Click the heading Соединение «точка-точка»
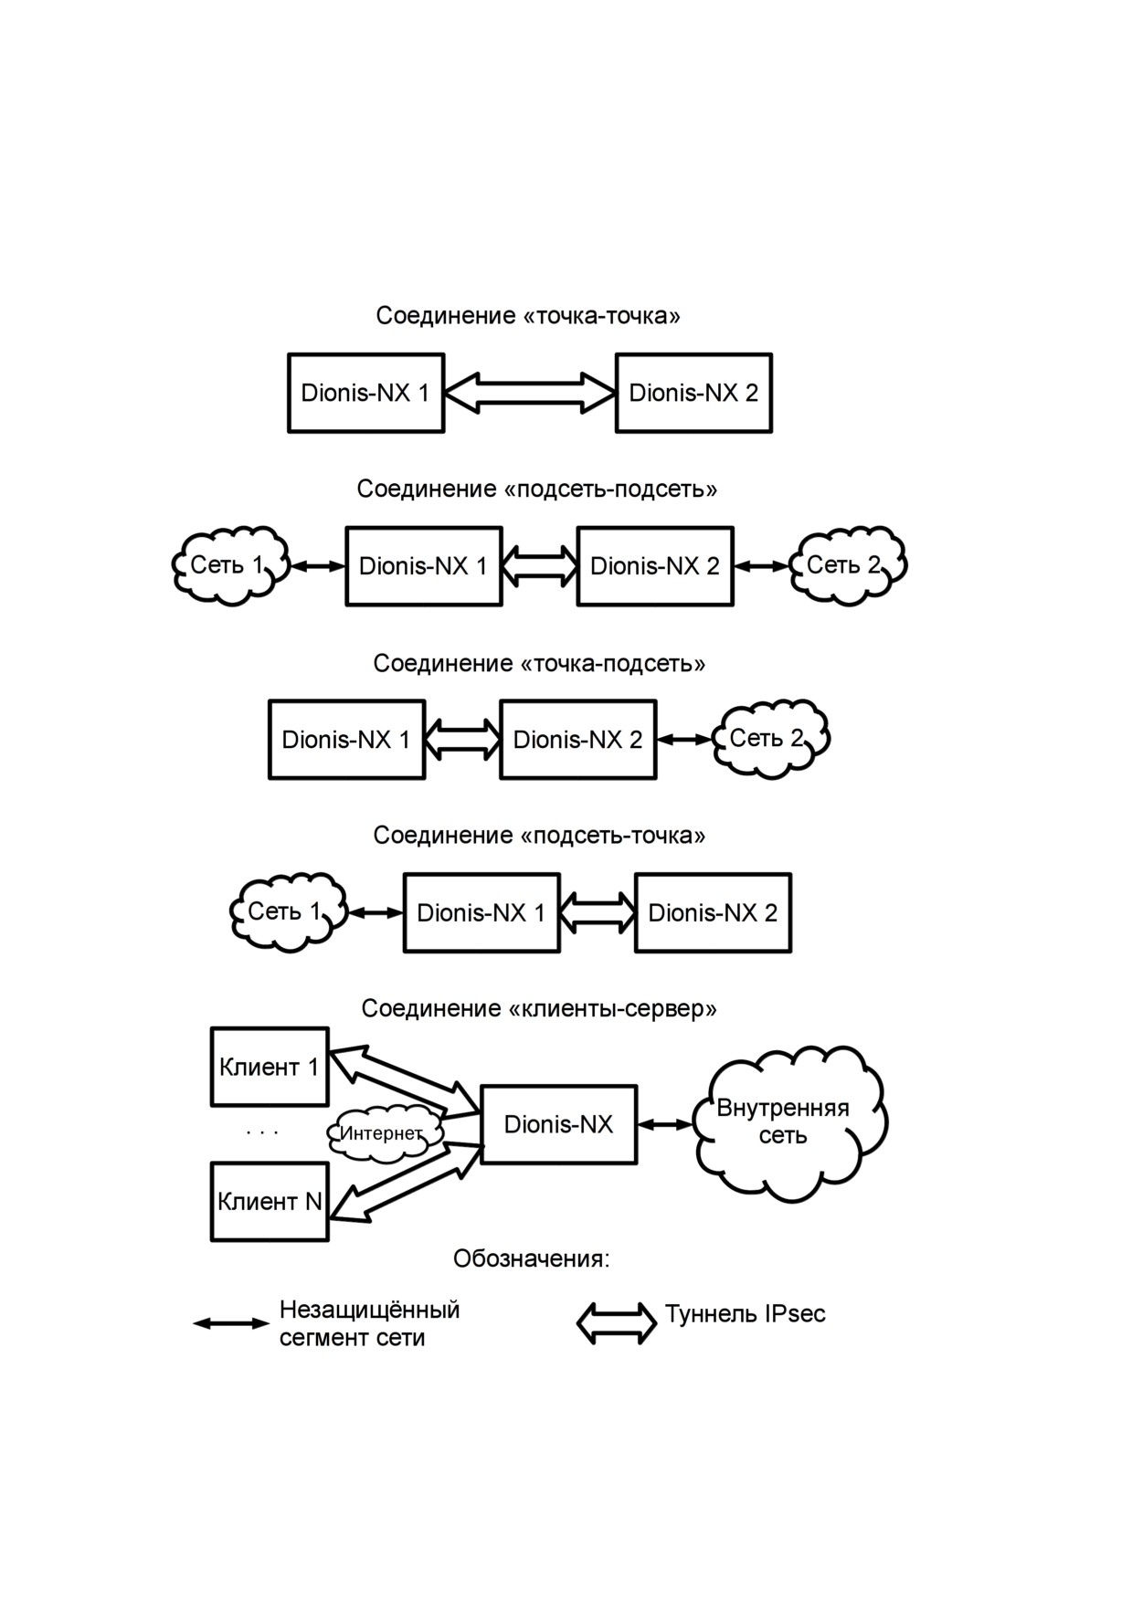[528, 316]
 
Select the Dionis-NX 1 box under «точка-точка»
[365, 393]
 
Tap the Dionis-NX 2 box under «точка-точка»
[693, 393]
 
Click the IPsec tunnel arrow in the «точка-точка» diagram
[530, 393]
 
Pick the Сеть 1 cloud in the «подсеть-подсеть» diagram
[231, 565]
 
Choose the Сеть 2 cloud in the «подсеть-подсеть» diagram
[848, 565]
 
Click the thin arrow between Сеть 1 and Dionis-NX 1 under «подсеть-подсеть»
[318, 566]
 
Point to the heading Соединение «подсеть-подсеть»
[537, 489]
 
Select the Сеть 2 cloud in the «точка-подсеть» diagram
[771, 739]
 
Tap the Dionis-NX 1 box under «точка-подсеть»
[346, 740]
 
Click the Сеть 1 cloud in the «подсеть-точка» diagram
[289, 912]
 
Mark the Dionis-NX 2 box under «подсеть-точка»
[713, 913]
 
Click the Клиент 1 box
[270, 1067]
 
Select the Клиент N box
[270, 1201]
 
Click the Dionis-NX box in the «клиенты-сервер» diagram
[558, 1124]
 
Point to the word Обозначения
[531, 1258]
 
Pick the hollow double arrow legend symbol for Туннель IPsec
[617, 1322]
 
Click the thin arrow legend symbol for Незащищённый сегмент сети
[231, 1322]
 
